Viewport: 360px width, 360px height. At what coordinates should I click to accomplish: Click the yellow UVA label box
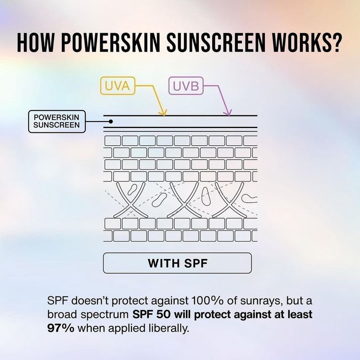tap(117, 86)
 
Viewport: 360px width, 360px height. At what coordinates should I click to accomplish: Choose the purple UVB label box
tap(186, 86)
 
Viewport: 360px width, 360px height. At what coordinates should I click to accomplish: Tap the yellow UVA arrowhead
tap(164, 113)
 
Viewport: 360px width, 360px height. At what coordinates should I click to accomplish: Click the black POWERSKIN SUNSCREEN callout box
tap(56, 121)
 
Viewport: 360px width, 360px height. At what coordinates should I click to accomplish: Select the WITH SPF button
tap(177, 263)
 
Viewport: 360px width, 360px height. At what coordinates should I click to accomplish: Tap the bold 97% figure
tap(60, 328)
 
